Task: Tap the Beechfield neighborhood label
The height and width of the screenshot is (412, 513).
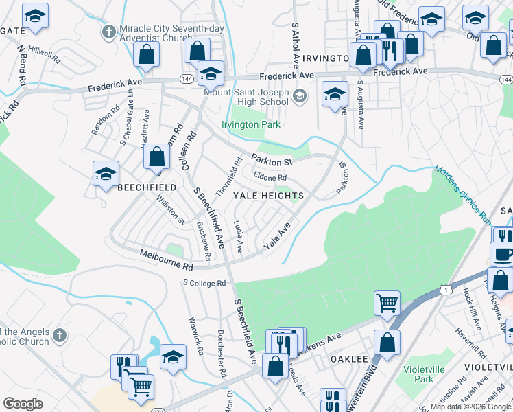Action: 147,187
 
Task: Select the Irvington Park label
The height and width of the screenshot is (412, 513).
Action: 251,125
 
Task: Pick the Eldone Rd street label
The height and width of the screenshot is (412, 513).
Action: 270,178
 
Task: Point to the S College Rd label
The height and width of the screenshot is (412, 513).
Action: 204,283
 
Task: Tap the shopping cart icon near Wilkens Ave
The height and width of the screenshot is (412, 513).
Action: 387,302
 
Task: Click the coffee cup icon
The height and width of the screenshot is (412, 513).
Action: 502,254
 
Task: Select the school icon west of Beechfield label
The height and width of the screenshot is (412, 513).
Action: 106,174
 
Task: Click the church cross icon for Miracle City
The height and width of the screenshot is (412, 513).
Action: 108,32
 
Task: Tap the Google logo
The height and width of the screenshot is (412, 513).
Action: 23,404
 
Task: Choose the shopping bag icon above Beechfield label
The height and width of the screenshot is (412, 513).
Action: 157,157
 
